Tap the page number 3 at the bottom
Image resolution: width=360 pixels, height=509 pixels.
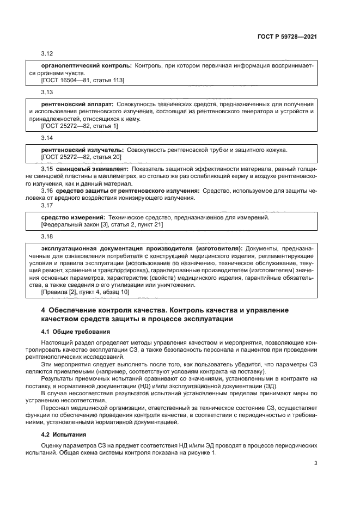pyautogui.click(x=315, y=463)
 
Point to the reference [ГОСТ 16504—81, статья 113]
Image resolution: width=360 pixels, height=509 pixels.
pyautogui.click(x=83, y=80)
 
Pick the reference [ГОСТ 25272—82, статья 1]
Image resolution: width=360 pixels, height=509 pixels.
pyautogui.click(x=80, y=126)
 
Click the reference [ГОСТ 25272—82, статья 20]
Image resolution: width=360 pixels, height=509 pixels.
pyautogui.click(x=81, y=157)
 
